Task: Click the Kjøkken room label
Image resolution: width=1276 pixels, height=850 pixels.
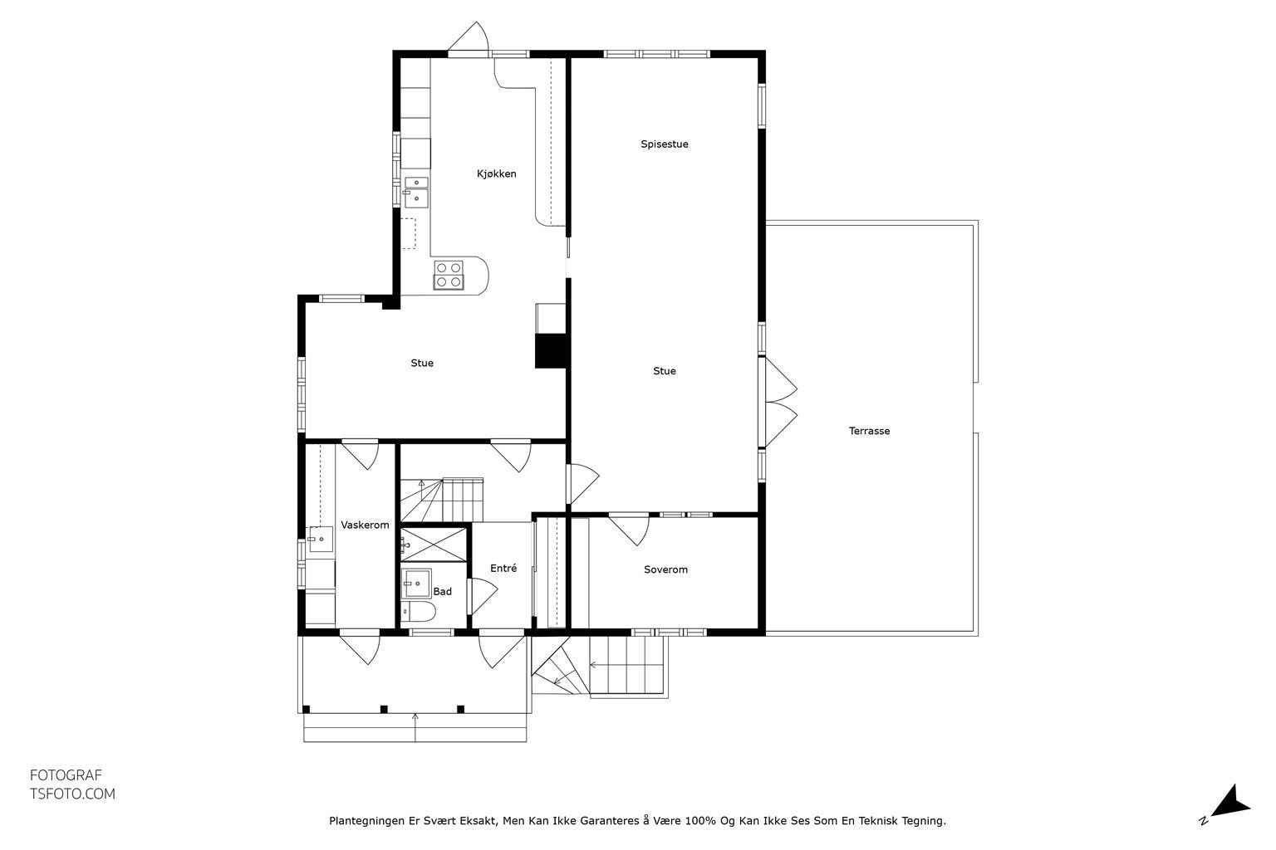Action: [496, 173]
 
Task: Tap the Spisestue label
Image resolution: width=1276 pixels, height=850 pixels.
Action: [665, 144]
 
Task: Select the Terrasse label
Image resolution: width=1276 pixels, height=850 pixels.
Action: [869, 431]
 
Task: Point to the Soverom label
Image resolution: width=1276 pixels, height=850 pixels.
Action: [665, 569]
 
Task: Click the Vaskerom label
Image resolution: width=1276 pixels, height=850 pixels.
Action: [365, 525]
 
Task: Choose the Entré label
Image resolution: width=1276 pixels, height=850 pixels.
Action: [503, 568]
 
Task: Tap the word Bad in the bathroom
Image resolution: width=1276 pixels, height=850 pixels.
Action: [442, 592]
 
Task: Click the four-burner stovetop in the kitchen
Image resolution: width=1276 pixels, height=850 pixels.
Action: [449, 275]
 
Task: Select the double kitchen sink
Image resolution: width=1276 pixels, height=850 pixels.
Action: [416, 192]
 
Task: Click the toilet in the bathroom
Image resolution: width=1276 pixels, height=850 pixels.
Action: [419, 612]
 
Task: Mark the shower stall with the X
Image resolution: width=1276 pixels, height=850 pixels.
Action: [434, 545]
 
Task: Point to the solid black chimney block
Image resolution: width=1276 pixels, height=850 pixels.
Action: [550, 350]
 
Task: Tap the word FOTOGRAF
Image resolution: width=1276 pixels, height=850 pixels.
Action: [66, 775]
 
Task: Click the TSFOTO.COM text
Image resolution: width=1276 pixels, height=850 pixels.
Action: [72, 794]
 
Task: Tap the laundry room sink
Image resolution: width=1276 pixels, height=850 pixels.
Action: [321, 539]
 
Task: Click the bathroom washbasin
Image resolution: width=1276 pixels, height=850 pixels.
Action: [416, 583]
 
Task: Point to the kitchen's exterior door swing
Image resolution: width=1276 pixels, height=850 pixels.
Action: [469, 37]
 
